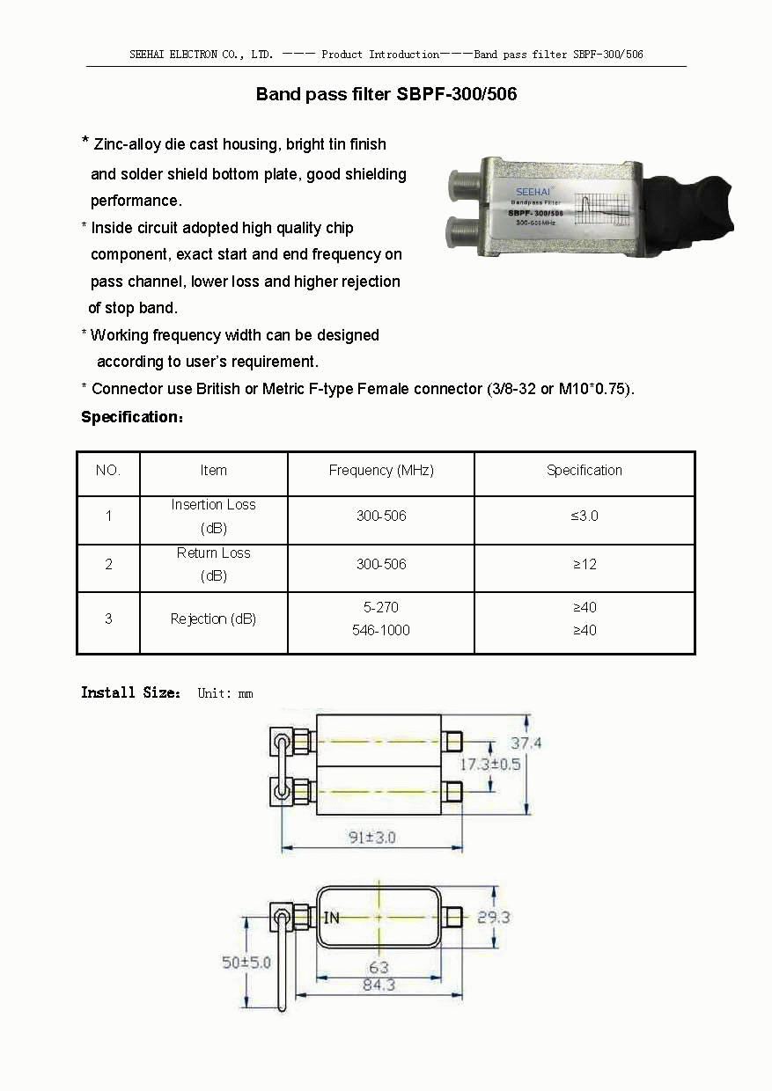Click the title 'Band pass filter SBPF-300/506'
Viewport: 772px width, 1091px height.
coord(386,94)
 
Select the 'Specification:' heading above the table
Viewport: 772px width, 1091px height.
coord(132,417)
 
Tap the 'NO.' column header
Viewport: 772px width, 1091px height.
coord(108,471)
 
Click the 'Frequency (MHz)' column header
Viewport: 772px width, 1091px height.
coord(381,471)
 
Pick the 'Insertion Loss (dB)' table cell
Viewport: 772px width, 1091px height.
coord(213,517)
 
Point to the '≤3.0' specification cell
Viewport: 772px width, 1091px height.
coord(584,516)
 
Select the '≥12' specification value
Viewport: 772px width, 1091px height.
coord(585,564)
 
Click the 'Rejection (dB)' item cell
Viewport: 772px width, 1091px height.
coord(213,619)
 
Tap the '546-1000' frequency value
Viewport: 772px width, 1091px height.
coord(381,630)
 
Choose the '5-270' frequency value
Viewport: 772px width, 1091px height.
coord(381,607)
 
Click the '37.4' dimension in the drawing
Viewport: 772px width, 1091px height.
coord(526,743)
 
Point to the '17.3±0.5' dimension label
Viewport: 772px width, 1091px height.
coord(489,764)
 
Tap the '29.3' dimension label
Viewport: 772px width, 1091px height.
coord(493,918)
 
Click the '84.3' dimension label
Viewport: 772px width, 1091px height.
coord(379,985)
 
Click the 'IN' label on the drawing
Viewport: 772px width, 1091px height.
coord(331,918)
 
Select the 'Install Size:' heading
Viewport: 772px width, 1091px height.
coord(131,693)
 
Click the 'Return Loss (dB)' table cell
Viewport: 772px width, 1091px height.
coord(213,565)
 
